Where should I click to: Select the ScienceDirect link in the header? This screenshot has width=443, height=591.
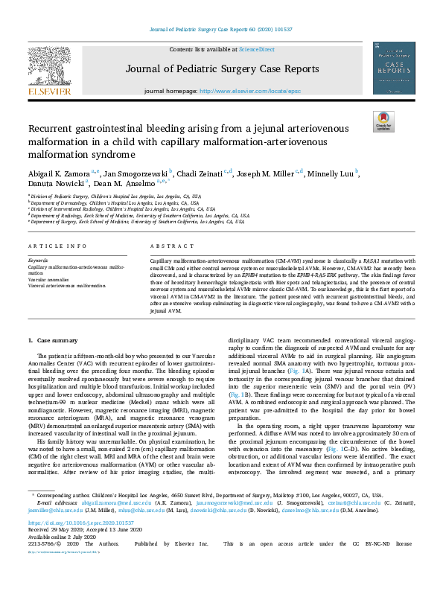point(256,49)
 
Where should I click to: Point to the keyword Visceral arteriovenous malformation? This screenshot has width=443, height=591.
point(66,284)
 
